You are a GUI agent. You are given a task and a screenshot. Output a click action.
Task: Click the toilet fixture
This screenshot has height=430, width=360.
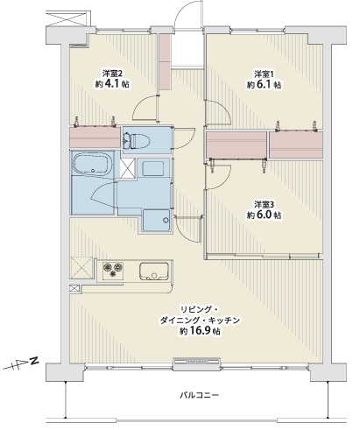137,140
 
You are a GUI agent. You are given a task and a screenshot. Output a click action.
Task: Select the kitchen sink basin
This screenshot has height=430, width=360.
154,271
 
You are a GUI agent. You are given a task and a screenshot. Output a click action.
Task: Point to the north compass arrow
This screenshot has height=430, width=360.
20,363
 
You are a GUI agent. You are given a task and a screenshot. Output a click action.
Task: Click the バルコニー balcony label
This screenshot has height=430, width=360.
199,396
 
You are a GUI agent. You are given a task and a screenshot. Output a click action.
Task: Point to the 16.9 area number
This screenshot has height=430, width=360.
201,331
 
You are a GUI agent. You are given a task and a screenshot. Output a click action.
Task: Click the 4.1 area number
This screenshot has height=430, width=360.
112,84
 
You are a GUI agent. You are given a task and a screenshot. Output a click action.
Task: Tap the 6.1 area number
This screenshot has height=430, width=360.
265,85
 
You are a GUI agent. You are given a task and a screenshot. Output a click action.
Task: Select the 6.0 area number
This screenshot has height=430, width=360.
265,215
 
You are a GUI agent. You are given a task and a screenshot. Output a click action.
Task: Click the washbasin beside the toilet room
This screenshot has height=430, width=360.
153,167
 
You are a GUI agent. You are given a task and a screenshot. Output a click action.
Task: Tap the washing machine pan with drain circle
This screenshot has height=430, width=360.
156,220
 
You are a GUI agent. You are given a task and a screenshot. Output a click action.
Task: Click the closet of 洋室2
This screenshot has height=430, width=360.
95,137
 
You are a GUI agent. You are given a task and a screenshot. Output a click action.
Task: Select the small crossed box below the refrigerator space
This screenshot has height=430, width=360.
74,288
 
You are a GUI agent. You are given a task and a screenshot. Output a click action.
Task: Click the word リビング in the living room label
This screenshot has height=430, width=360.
194,309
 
